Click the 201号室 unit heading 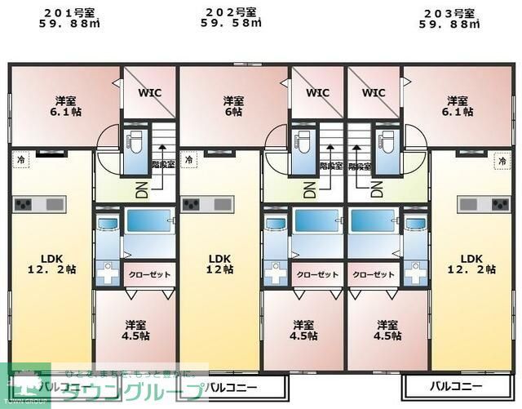point(69,11)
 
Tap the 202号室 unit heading point(231,11)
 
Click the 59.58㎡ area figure point(231,24)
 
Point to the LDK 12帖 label point(219,264)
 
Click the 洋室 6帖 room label point(233,106)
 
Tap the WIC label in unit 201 point(149,92)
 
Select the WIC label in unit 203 point(374,92)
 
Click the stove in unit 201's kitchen point(23,203)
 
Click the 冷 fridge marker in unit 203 point(500,161)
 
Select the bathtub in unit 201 point(149,222)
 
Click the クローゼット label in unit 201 point(149,274)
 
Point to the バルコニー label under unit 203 point(456,386)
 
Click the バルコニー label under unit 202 point(233,386)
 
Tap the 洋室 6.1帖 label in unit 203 point(458,106)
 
